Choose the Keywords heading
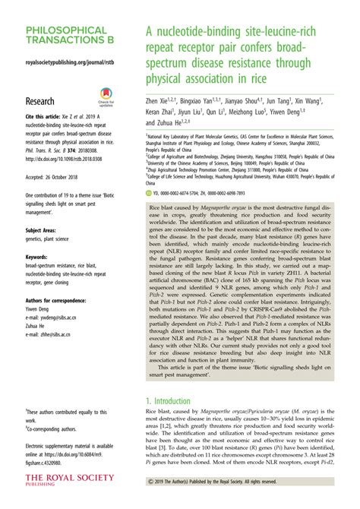pyautogui.click(x=39, y=258)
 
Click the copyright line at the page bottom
pyautogui.click(x=242, y=501)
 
